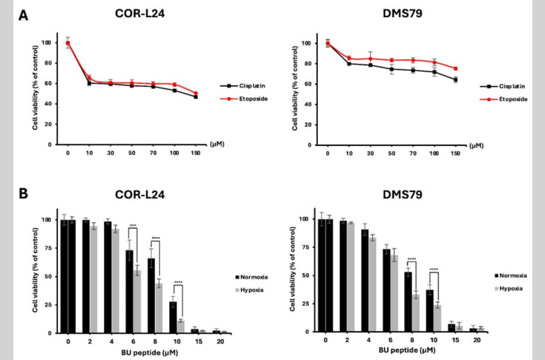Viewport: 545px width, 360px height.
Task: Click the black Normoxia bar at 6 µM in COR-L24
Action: point(130,292)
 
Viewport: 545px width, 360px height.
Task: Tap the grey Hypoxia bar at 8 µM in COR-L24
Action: point(159,308)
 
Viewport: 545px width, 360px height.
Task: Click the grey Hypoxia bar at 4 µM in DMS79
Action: point(372,284)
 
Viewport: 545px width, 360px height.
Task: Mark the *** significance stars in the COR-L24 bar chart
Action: point(133,225)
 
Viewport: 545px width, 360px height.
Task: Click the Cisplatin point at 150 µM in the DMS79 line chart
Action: point(455,79)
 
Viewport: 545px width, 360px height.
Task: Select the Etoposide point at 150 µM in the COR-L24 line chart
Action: point(195,93)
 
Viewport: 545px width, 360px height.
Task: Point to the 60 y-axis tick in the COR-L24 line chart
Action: point(47,84)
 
